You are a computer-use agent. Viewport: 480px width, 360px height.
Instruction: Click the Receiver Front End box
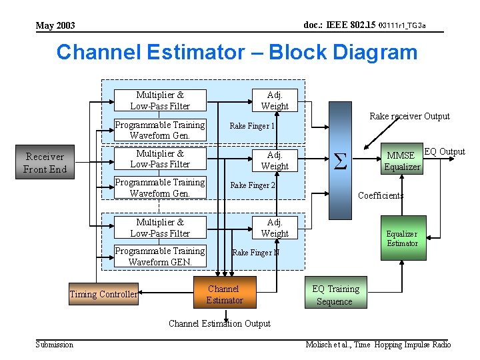pyautogui.click(x=45, y=163)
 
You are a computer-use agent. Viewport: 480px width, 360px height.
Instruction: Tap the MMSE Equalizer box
pyautogui.click(x=402, y=161)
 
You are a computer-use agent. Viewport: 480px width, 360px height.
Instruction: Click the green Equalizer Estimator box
pyautogui.click(x=402, y=238)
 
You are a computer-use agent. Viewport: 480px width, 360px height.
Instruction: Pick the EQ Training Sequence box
pyautogui.click(x=335, y=295)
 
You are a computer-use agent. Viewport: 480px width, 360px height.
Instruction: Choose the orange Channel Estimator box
pyautogui.click(x=224, y=295)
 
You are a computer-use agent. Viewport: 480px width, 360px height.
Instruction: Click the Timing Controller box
pyautogui.click(x=103, y=294)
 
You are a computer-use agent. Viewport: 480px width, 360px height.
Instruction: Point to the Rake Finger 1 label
pyautogui.click(x=252, y=125)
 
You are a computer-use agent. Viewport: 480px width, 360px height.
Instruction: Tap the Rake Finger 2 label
pyautogui.click(x=253, y=185)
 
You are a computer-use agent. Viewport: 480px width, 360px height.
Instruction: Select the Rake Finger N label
pyautogui.click(x=255, y=253)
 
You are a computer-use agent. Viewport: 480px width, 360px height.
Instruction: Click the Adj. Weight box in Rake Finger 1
pyautogui.click(x=275, y=101)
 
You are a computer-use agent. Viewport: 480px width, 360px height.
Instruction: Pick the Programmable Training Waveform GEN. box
pyautogui.click(x=160, y=256)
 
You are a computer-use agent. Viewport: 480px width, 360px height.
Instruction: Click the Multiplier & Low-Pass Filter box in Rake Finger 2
pyautogui.click(x=160, y=159)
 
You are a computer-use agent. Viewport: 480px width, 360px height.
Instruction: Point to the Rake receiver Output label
pyautogui.click(x=409, y=116)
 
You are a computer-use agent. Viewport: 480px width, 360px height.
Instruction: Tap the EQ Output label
pyautogui.click(x=445, y=151)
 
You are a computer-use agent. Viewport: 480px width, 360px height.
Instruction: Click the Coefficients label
pyautogui.click(x=381, y=195)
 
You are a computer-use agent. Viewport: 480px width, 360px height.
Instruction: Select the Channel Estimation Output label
pyautogui.click(x=219, y=323)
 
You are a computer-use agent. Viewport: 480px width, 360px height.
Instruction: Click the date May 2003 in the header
pyautogui.click(x=55, y=25)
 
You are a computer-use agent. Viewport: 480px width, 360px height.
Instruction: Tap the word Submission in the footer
pyautogui.click(x=55, y=345)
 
